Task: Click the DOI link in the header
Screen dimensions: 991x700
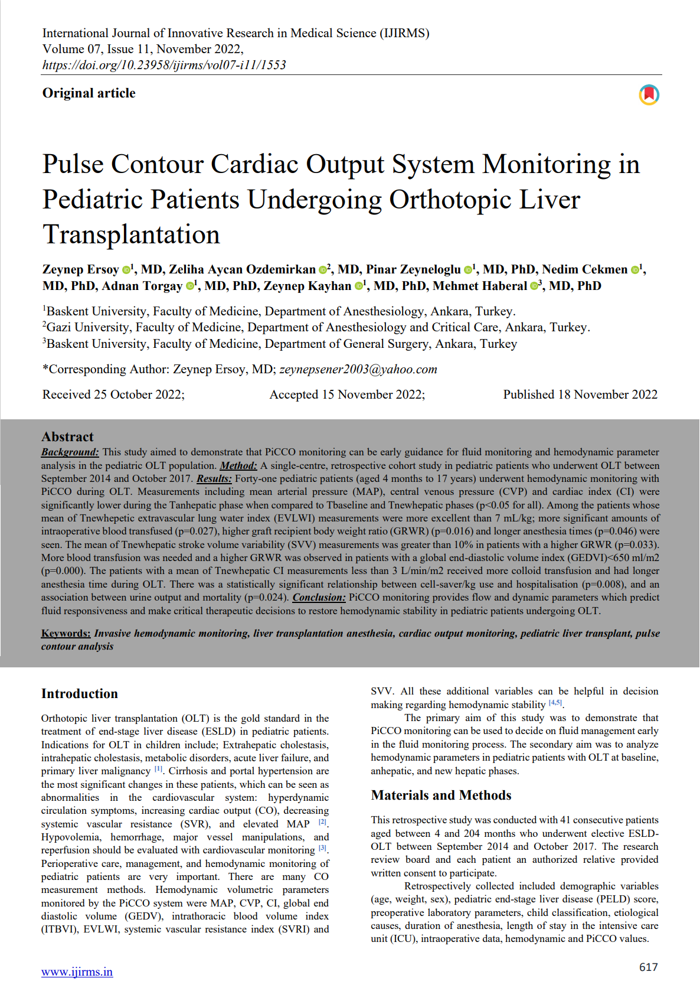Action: coord(164,65)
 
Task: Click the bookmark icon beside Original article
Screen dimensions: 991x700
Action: coord(649,94)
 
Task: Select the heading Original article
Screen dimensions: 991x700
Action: coord(89,93)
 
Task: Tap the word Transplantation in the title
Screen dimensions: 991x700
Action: coord(131,234)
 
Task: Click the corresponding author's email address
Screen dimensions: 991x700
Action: coord(358,370)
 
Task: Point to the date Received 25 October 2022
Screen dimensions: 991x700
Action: coord(113,395)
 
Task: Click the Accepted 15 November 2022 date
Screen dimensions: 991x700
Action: coord(347,395)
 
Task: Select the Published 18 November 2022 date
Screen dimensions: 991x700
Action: coord(580,395)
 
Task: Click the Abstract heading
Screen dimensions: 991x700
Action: coord(67,437)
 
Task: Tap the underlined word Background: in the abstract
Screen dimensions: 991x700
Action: coord(70,452)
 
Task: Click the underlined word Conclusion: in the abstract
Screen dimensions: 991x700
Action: coord(319,598)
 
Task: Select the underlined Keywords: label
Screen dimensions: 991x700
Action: coord(66,634)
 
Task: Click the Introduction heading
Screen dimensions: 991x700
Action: coord(80,694)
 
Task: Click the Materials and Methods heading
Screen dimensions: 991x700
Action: coord(441,796)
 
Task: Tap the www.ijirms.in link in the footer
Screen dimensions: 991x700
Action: coord(77,972)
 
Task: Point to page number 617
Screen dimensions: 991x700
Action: coord(648,967)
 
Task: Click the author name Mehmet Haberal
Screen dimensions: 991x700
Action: coord(479,286)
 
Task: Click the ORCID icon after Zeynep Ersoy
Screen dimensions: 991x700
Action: coord(126,270)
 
